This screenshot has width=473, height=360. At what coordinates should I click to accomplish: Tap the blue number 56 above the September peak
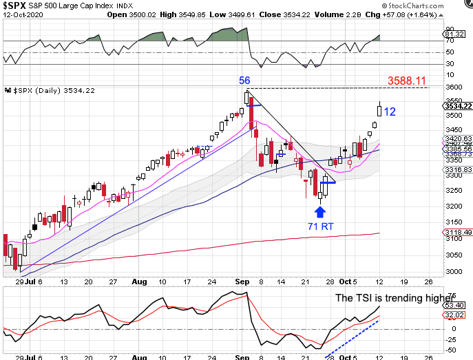pyautogui.click(x=244, y=81)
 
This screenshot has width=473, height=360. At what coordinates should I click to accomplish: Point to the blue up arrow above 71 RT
pyautogui.click(x=319, y=210)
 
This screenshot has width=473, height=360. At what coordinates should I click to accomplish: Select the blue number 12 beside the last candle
pyautogui.click(x=390, y=112)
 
